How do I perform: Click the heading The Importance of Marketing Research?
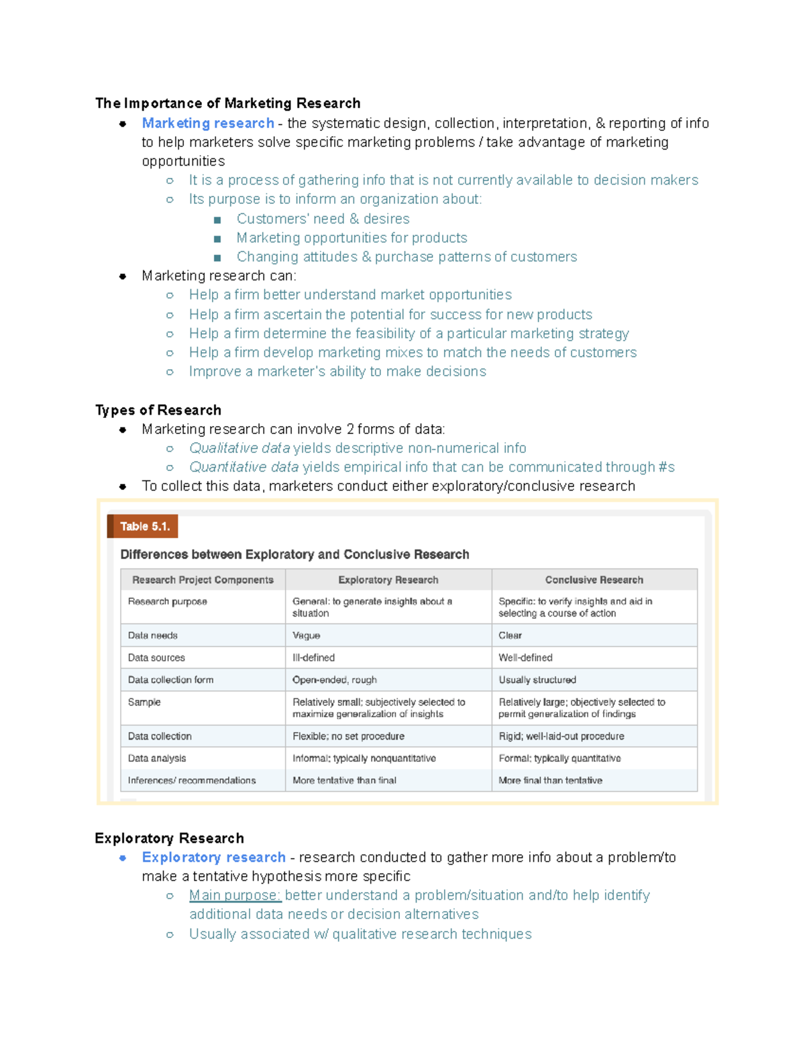[x=227, y=103]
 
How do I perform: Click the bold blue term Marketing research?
[x=208, y=123]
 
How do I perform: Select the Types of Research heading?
[x=158, y=410]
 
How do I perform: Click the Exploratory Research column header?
[x=388, y=580]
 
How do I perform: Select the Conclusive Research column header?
[x=594, y=580]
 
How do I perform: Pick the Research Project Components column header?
[x=203, y=580]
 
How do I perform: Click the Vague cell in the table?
[x=307, y=635]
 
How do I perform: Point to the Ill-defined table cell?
[x=313, y=658]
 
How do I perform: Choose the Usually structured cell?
[x=537, y=680]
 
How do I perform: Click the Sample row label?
[x=144, y=702]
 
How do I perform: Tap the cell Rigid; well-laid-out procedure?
[x=561, y=736]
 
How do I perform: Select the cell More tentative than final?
[x=344, y=780]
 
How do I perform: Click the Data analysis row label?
[x=157, y=758]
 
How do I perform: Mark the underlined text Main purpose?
[x=235, y=895]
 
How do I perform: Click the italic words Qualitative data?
[x=239, y=448]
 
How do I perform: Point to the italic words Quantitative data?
[x=244, y=467]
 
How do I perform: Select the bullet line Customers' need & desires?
[x=323, y=219]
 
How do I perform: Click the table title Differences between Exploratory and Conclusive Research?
[x=294, y=554]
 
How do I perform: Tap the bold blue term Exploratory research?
[x=213, y=857]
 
